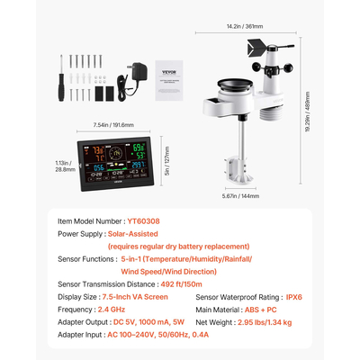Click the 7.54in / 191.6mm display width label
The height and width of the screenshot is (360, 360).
pos(114,125)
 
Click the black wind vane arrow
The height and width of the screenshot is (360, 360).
pos(268,51)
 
